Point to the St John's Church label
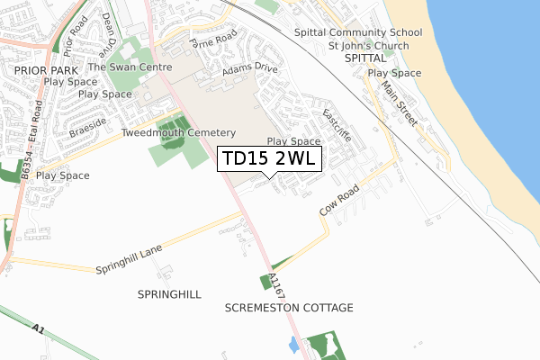point(368,46)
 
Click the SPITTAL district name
point(364,58)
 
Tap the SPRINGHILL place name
point(169,294)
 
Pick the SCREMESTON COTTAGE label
point(289,308)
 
